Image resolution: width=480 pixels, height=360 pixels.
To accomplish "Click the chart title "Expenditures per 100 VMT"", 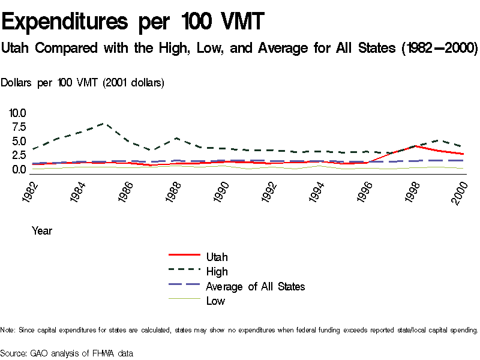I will pyautogui.click(x=133, y=22).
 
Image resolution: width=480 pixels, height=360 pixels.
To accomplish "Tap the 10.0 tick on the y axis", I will pyautogui.click(x=17, y=113).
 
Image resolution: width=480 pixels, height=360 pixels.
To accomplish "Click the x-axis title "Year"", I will pyautogui.click(x=42, y=230).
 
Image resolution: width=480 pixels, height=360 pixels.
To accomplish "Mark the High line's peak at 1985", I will pyautogui.click(x=105, y=124).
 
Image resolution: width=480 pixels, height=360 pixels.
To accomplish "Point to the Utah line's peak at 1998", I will pyautogui.click(x=415, y=146).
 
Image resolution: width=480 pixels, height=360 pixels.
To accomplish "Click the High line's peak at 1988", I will pyautogui.click(x=176, y=138).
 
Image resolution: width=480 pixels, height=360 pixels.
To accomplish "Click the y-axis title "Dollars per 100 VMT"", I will pyautogui.click(x=82, y=83).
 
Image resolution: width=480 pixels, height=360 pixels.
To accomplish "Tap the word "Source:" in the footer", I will pyautogui.click(x=14, y=353).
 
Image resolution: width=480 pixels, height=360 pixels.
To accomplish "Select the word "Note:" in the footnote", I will pyautogui.click(x=8, y=330).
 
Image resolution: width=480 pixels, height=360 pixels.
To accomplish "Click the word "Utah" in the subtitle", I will pyautogui.click(x=16, y=47).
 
